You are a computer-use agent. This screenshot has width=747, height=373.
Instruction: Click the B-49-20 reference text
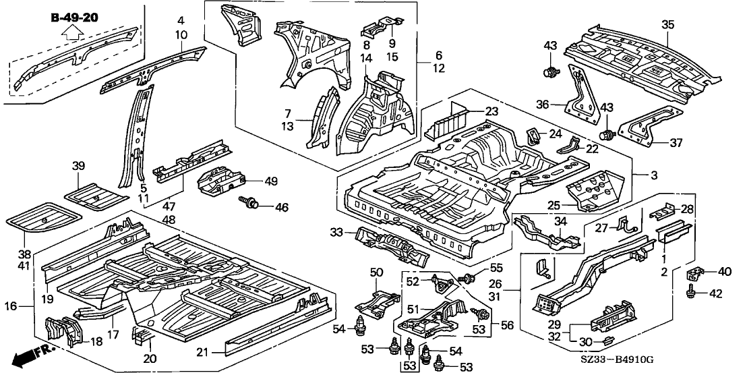click(75, 17)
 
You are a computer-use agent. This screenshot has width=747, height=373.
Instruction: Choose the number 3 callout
click(653, 175)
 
